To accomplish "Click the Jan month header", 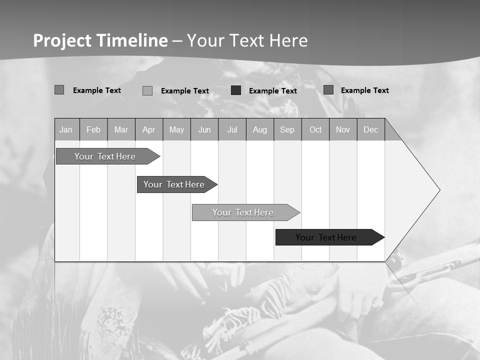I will [66, 129].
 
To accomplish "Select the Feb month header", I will [93, 129].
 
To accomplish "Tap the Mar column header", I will [121, 129].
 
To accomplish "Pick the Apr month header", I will [149, 129].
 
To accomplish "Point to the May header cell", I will [176, 129].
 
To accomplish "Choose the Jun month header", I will [204, 129].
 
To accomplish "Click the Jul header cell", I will [232, 129].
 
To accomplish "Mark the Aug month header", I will [260, 129].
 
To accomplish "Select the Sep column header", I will [287, 129].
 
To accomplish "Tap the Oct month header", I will [315, 129].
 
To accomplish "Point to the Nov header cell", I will [343, 129].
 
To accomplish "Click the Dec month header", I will [371, 129].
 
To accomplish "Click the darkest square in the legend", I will [236, 90].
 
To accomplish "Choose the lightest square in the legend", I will [147, 90].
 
